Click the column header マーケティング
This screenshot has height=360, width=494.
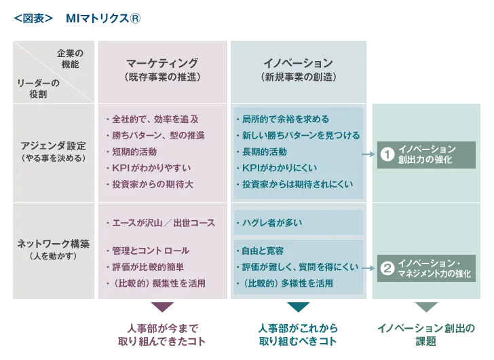162,62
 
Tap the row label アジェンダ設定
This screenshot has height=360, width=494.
53,145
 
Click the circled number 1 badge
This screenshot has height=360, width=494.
387,154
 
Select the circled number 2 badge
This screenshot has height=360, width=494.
387,268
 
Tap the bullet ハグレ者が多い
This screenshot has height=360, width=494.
271,222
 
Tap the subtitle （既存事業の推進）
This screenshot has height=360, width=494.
162,77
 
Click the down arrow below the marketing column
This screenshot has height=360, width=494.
161,306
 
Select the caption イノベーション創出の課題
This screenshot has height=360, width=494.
425,335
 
